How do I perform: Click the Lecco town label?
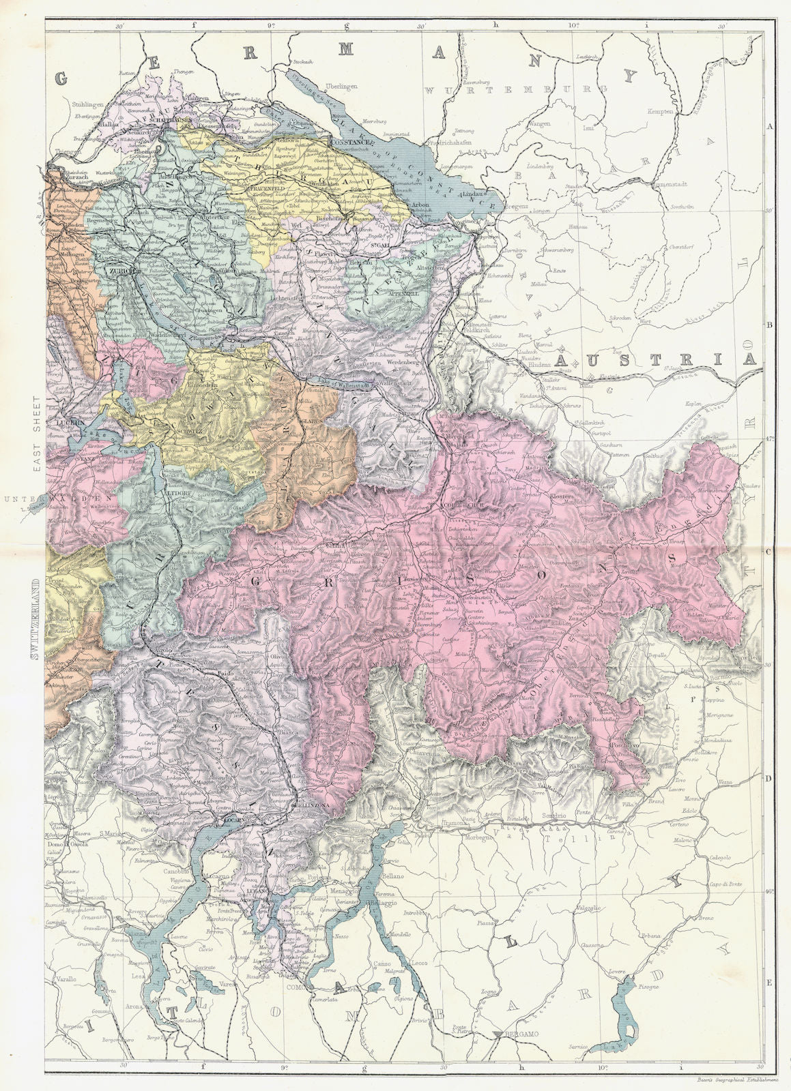tap(418, 963)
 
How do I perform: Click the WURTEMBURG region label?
tap(515, 89)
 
